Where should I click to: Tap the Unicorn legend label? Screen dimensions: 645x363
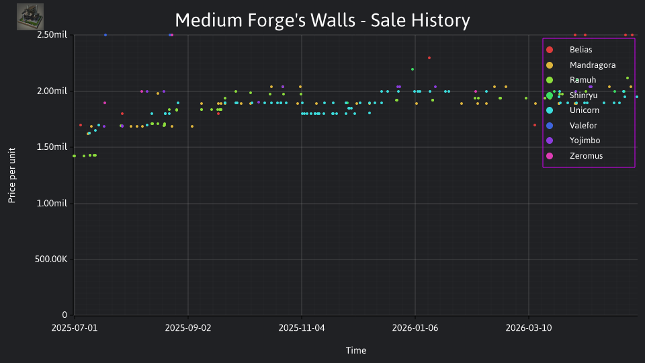click(584, 110)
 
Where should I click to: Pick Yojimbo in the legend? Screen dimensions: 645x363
click(573, 140)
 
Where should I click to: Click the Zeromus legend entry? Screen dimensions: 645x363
click(574, 156)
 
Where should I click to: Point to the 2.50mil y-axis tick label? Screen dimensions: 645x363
click(52, 35)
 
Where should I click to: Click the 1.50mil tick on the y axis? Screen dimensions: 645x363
click(52, 147)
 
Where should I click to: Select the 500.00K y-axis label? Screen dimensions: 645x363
click(51, 259)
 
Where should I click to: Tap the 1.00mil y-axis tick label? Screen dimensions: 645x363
click(52, 203)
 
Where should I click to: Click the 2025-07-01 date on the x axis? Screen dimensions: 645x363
click(75, 328)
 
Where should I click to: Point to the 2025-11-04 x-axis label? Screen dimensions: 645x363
click(302, 328)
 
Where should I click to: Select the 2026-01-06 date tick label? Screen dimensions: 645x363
click(415, 328)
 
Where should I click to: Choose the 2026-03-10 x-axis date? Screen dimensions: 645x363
click(529, 328)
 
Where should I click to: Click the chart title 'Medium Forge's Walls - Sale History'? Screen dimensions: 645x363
click(322, 20)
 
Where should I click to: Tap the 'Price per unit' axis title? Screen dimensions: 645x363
click(11, 175)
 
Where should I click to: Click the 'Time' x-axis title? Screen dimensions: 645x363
click(356, 350)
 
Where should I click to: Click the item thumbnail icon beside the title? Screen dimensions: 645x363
click(30, 17)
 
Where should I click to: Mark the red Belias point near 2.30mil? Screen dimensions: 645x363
click(429, 58)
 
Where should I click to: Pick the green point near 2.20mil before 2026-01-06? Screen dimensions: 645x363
click(413, 69)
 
